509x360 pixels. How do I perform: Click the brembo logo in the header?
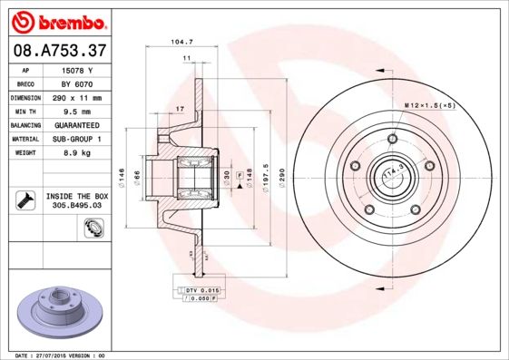pos(56,21)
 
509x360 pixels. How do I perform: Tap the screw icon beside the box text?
pos(24,199)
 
